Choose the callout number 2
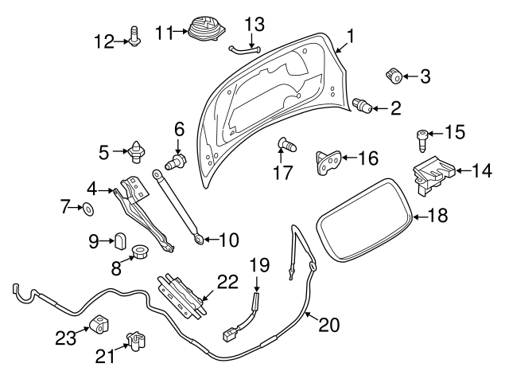tap(395, 109)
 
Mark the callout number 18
tap(437, 215)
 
